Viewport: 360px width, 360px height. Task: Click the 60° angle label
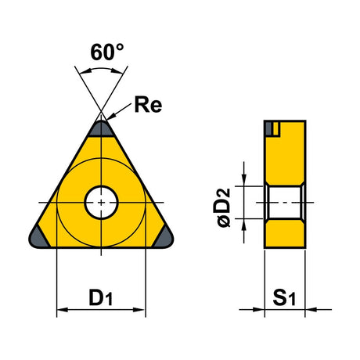coord(107,52)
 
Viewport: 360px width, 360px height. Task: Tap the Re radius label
coord(148,105)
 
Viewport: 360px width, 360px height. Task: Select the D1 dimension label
coord(101,297)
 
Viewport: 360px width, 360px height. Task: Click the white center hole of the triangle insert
coord(101,202)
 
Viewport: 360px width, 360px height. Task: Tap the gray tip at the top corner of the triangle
coord(101,129)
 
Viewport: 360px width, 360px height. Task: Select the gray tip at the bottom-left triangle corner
coord(38,237)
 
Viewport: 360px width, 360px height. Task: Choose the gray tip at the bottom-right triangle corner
coord(164,237)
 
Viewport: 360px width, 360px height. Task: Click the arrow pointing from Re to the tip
coord(119,112)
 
